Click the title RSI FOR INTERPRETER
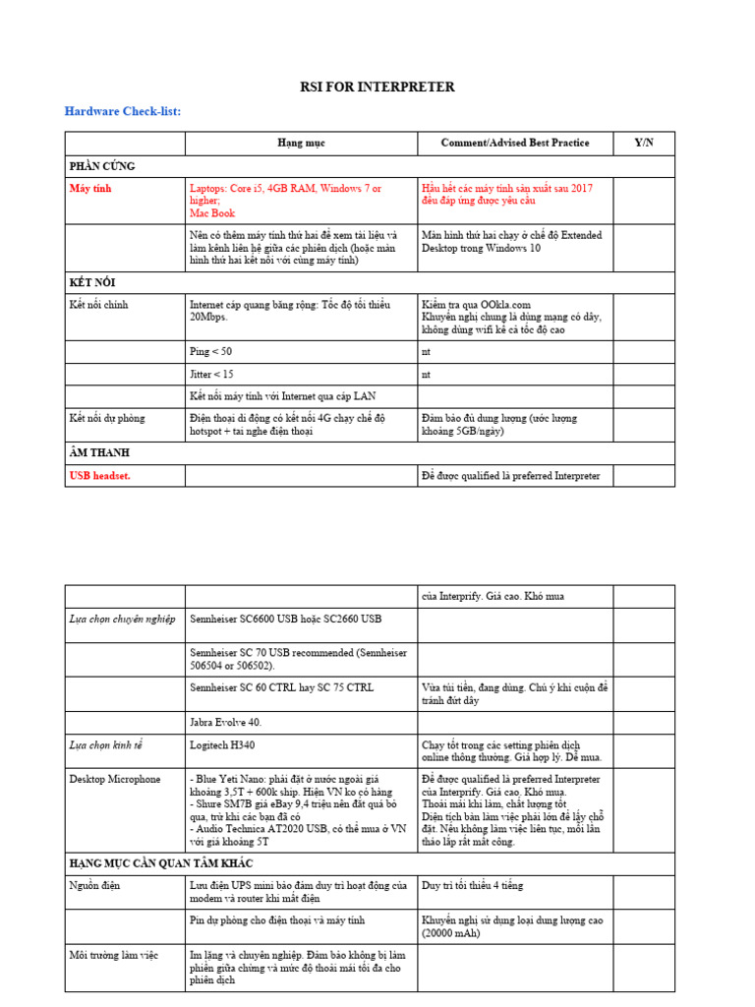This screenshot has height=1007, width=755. click(x=377, y=88)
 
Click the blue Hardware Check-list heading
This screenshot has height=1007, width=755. click(x=123, y=112)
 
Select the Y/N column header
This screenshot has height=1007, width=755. click(x=644, y=144)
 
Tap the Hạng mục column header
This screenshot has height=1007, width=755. click(x=301, y=144)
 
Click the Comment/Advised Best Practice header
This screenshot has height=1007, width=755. click(x=515, y=144)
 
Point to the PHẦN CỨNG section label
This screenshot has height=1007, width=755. click(x=102, y=166)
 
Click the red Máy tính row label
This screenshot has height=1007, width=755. click(x=91, y=188)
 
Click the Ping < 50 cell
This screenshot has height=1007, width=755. click(x=210, y=352)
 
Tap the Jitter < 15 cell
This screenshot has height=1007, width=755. click(x=211, y=375)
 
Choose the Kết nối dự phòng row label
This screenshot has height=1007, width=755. click(x=107, y=418)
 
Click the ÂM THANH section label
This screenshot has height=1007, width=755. click(x=99, y=453)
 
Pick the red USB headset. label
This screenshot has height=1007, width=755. click(x=100, y=476)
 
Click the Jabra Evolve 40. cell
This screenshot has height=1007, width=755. click(x=225, y=723)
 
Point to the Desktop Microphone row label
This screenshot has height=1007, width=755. click(x=115, y=780)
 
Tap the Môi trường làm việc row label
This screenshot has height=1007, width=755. click(x=114, y=955)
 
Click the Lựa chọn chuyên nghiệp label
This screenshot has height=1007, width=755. click(x=122, y=619)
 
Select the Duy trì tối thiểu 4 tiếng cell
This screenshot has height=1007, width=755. click(x=472, y=886)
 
